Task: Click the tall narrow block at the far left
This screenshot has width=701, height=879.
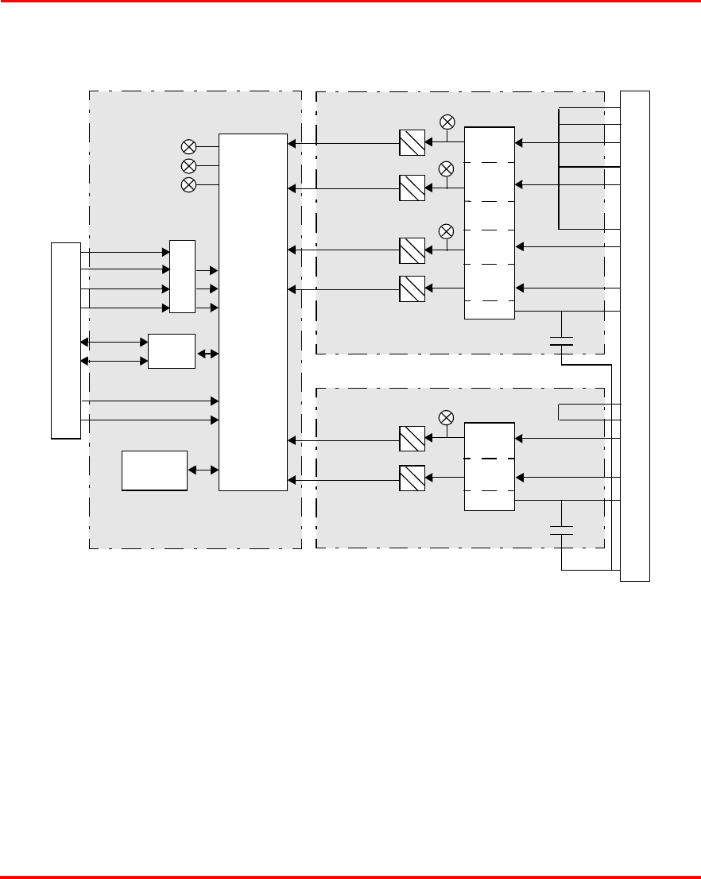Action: (66, 340)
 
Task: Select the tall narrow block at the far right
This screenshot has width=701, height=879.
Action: (635, 336)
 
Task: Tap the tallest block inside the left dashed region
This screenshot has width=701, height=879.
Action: (253, 312)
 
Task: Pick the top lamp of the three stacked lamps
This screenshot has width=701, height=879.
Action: (189, 146)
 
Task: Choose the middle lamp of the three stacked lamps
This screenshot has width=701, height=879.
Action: (189, 165)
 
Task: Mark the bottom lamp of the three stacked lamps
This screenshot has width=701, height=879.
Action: (189, 184)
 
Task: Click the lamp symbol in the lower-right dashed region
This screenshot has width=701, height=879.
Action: (447, 417)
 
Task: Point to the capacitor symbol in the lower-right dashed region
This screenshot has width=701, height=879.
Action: (562, 530)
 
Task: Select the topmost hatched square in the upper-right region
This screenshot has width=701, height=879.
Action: (412, 143)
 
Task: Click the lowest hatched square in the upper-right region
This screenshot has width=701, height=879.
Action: (412, 288)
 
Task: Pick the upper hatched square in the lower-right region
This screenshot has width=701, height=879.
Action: (412, 438)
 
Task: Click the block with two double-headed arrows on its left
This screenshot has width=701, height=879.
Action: (172, 351)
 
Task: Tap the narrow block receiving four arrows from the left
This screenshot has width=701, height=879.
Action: (182, 276)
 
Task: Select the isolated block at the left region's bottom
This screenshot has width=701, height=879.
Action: (154, 470)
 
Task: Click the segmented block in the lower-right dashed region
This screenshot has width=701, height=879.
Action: (489, 467)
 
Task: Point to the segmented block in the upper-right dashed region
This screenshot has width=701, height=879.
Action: (489, 223)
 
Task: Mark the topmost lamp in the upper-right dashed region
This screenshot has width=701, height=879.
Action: (447, 122)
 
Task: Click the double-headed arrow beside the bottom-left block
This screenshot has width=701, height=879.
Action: (203, 470)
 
